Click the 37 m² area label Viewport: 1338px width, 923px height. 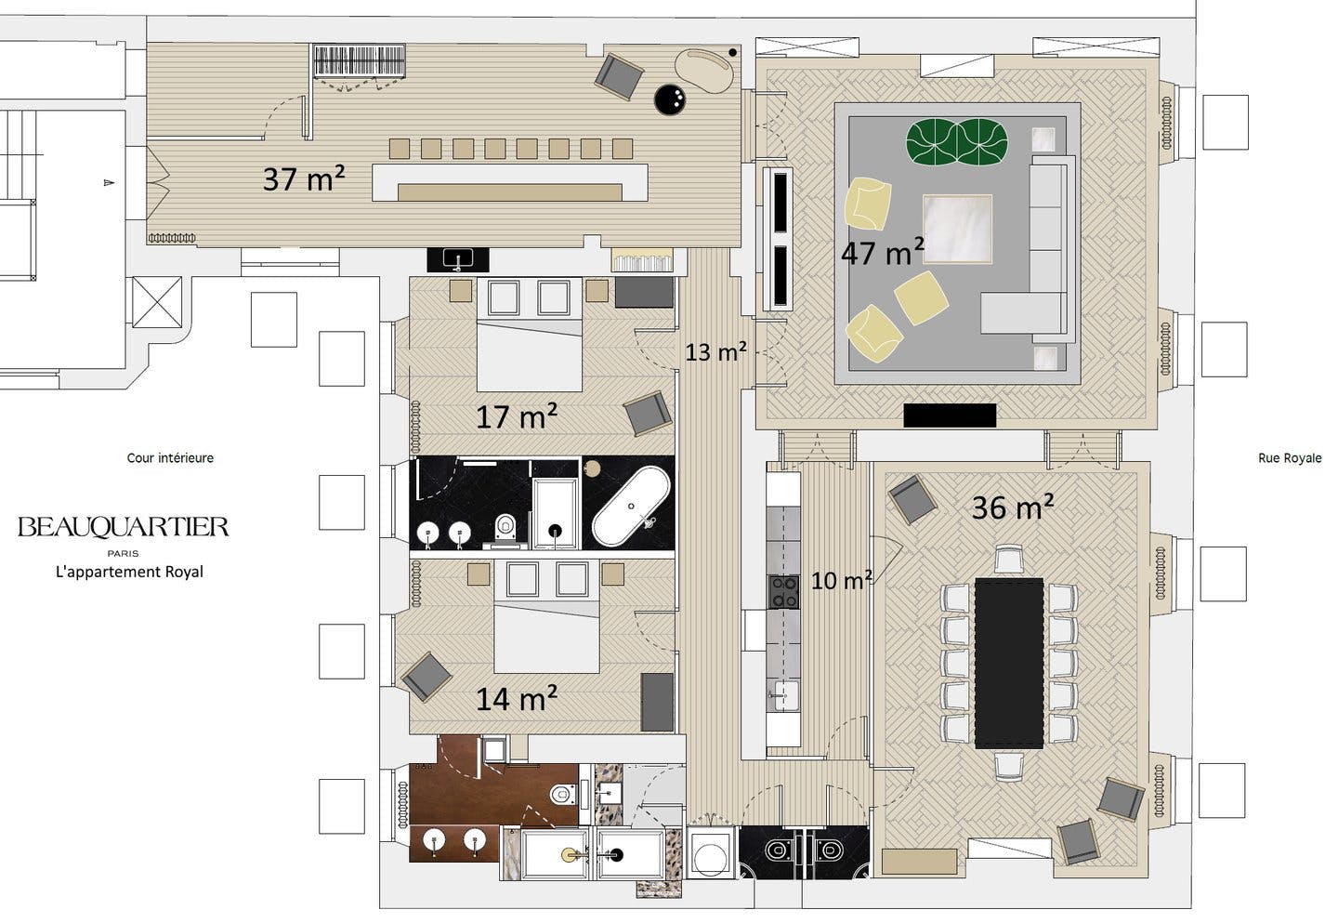[x=304, y=178]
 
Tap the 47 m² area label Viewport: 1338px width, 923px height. [x=883, y=252]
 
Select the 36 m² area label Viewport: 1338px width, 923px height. [x=1013, y=507]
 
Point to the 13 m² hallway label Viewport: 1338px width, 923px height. [x=715, y=351]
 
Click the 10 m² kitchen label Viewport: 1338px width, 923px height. [x=842, y=579]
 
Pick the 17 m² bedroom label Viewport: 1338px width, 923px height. [x=517, y=415]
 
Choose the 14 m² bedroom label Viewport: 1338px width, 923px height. [x=517, y=698]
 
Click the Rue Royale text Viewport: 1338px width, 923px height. [x=1290, y=458]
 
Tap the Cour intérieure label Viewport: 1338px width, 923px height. [x=170, y=457]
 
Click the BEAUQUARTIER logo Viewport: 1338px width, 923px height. [x=123, y=528]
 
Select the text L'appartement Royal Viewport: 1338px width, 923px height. [x=130, y=572]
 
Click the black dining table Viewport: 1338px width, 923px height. [x=1009, y=663]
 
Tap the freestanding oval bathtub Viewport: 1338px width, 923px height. [x=632, y=506]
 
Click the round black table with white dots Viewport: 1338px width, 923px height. [x=670, y=99]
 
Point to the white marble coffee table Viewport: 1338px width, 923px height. [x=957, y=229]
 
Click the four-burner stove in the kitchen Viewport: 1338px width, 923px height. [x=783, y=591]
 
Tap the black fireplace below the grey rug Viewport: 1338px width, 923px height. [x=950, y=415]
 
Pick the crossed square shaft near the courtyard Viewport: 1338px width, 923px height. [x=157, y=302]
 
